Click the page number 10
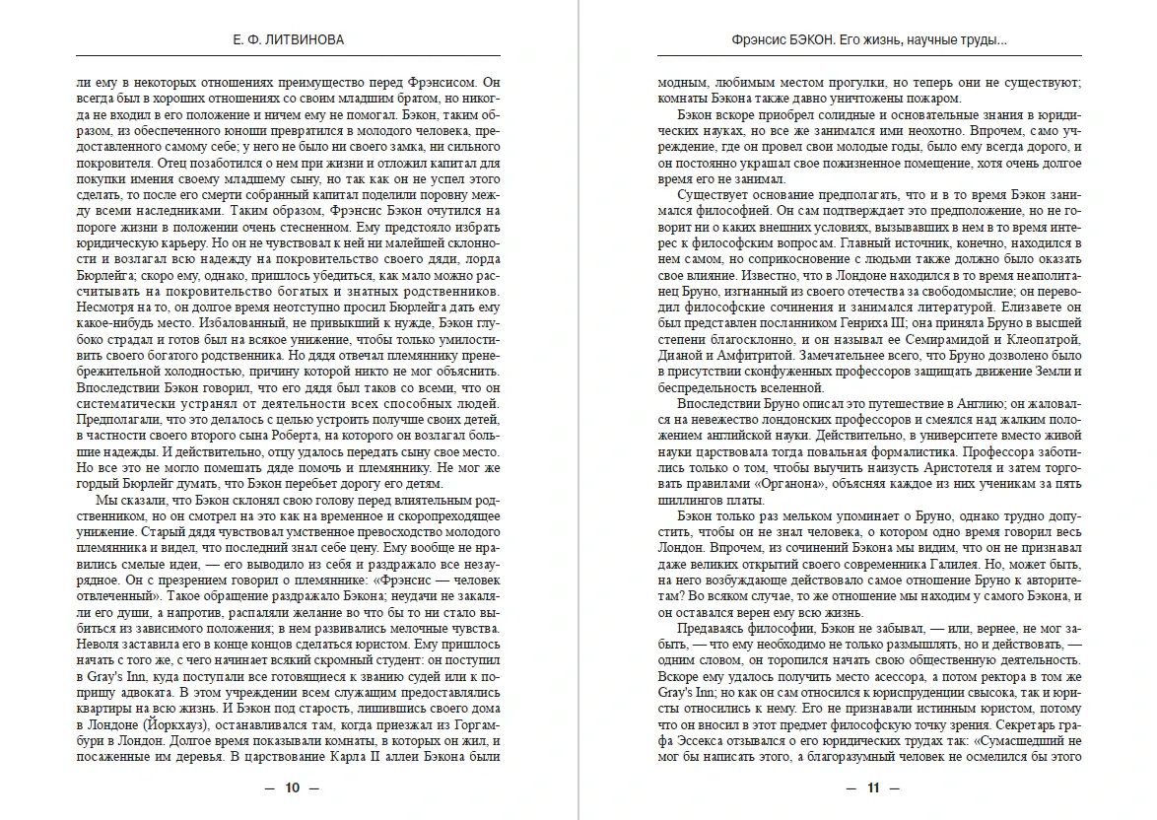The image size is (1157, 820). (291, 787)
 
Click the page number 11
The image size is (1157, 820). (871, 787)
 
